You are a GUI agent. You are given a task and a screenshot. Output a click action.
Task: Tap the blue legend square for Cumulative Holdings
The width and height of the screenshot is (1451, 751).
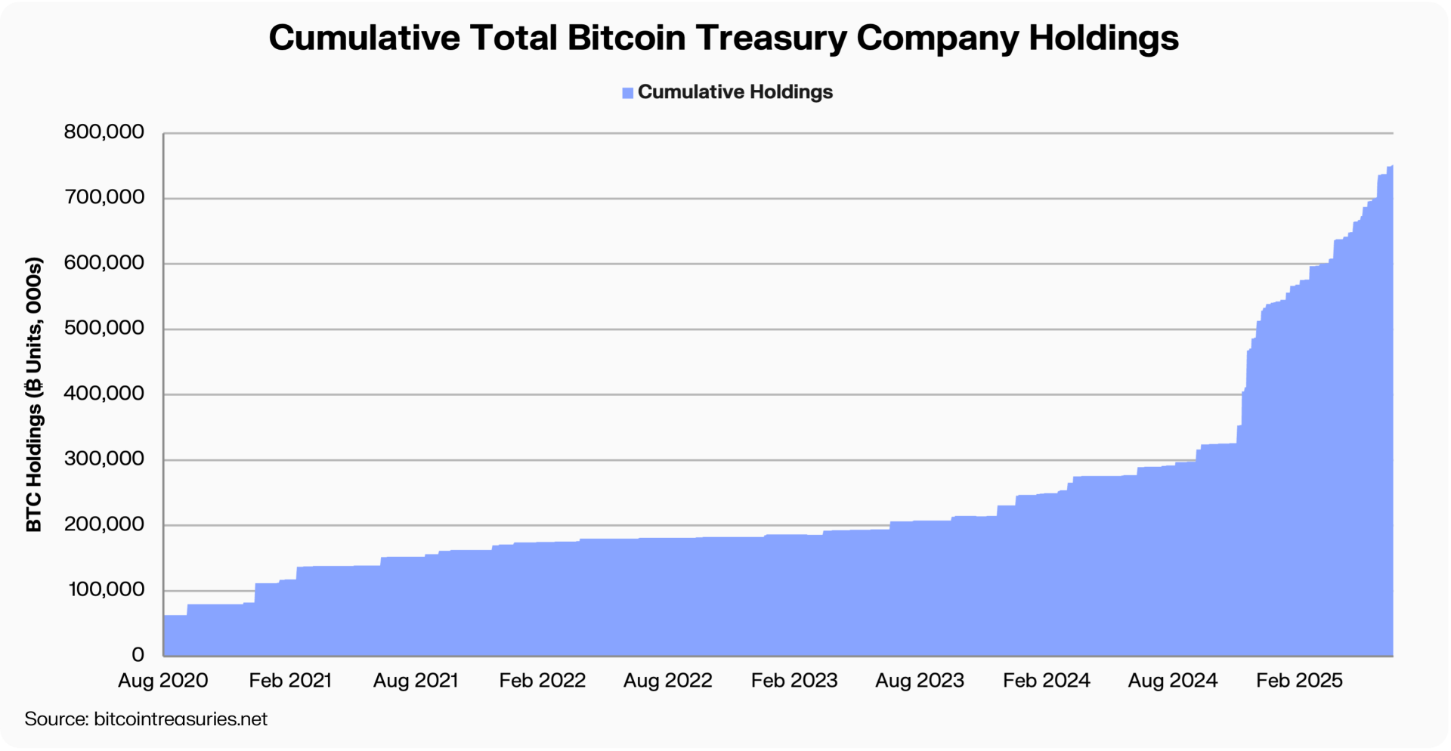627,93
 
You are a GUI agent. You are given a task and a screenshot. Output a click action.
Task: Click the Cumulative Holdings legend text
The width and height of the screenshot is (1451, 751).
735,92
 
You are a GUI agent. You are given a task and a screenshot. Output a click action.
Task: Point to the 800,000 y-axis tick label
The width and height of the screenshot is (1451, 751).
104,132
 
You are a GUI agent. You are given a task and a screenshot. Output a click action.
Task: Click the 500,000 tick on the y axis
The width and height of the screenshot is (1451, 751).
104,328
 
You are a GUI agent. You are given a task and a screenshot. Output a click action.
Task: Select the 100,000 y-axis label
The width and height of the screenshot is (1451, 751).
106,589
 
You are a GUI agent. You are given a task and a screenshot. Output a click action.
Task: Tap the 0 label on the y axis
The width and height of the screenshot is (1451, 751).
138,654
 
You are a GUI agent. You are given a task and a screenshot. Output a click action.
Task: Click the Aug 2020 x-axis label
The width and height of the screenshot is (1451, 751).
162,681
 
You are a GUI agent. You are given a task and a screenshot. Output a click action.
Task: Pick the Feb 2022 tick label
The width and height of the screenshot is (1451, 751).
542,681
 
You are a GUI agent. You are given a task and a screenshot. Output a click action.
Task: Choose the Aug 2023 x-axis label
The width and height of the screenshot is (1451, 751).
919,681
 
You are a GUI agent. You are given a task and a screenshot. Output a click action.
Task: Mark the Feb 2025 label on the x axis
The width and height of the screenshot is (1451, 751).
1299,681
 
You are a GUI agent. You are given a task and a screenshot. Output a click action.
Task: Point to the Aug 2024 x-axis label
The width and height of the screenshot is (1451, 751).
1172,681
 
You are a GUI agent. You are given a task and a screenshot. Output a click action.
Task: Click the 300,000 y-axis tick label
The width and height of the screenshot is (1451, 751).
104,459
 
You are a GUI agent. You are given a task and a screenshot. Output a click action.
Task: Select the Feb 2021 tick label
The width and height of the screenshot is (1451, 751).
290,681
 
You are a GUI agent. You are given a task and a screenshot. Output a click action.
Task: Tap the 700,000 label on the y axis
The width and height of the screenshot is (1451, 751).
104,197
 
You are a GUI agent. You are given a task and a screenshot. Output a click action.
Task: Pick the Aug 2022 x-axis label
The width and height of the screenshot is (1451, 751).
667,681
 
